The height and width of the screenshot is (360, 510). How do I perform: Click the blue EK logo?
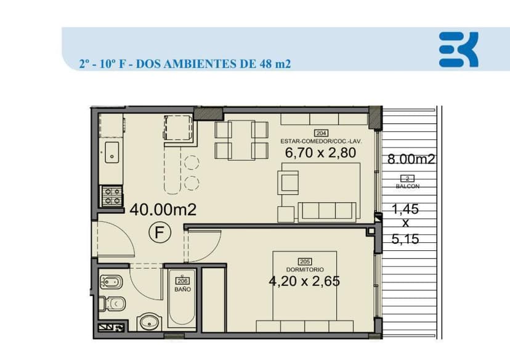[x=458, y=49]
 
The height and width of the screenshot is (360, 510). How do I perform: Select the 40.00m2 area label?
[x=163, y=210]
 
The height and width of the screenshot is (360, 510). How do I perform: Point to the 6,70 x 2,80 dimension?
[x=320, y=152]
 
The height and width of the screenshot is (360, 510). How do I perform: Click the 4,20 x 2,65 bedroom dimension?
[x=304, y=281]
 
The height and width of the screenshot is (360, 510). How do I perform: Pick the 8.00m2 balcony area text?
[x=411, y=159]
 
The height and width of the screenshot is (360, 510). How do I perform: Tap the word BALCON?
[x=407, y=186]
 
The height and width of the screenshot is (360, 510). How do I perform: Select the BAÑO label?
[x=182, y=288]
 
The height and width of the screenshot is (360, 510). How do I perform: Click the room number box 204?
[x=321, y=133]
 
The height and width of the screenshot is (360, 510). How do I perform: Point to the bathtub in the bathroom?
[x=182, y=308]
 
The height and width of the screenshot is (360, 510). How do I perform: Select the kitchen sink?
[x=111, y=152]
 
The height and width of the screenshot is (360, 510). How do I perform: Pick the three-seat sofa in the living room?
[x=326, y=211]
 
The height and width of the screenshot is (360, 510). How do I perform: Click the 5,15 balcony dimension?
[x=405, y=239]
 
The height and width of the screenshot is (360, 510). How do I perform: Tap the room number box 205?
[x=304, y=261]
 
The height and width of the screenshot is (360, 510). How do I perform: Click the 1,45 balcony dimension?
[x=405, y=209]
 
